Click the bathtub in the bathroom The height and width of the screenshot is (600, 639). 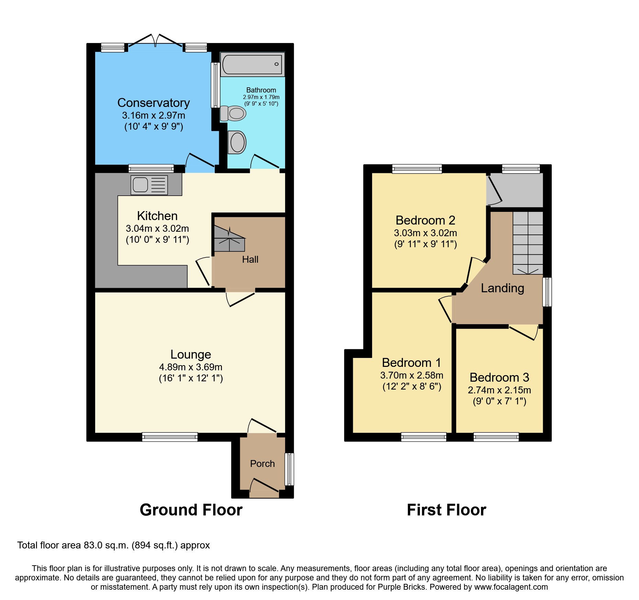point(252,64)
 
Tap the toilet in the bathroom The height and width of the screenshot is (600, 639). point(234,113)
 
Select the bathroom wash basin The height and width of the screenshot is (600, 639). point(237,142)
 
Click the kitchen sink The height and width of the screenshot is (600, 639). point(149,185)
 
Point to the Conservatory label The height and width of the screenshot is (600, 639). point(154,103)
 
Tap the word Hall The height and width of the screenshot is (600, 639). point(250,260)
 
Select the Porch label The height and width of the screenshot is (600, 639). point(262,464)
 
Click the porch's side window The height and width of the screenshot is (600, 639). point(290,469)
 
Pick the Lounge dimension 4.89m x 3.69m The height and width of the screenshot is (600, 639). point(191,367)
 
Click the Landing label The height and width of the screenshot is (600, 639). point(502,288)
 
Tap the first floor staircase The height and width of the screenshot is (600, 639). point(528,243)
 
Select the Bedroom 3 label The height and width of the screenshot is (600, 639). point(499,378)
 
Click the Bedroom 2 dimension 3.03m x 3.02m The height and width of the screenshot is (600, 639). point(425,233)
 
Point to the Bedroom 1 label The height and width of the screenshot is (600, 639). point(411,363)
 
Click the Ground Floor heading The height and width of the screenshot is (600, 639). point(191,510)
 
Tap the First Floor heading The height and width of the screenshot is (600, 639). point(446,510)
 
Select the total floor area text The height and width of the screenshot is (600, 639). point(113,545)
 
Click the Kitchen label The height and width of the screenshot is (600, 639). point(157,216)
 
